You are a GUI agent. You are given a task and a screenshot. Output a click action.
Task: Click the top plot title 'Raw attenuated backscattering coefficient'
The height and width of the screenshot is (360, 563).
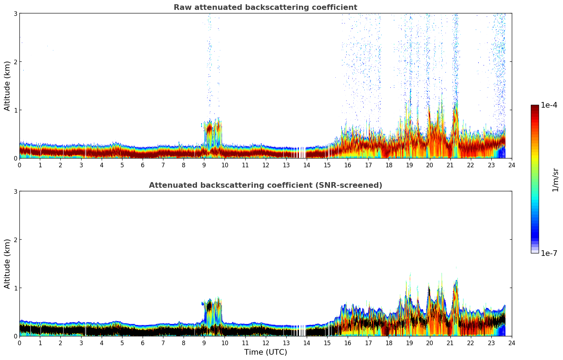265,7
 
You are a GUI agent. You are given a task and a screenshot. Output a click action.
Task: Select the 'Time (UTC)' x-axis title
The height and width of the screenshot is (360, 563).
265,352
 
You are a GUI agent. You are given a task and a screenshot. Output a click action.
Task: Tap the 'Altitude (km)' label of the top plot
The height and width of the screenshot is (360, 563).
7,86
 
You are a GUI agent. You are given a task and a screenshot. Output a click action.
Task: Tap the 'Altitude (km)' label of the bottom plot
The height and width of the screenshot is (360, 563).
7,264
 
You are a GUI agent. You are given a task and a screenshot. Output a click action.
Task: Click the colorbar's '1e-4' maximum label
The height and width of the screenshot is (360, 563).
549,105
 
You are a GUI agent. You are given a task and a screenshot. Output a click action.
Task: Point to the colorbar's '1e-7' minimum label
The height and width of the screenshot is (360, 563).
549,253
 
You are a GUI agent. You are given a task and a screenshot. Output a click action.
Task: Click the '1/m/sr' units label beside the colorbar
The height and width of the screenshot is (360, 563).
555,180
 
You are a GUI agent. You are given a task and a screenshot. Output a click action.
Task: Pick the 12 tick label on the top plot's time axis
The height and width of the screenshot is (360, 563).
265,165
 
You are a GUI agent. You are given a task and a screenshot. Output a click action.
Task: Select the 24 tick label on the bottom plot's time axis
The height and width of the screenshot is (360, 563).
512,343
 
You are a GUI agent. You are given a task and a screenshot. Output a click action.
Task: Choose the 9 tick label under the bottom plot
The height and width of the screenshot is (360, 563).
204,343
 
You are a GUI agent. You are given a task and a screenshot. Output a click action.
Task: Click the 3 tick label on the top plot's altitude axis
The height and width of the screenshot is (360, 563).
15,13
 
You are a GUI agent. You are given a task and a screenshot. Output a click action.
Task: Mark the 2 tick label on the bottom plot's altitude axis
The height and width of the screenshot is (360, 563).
15,240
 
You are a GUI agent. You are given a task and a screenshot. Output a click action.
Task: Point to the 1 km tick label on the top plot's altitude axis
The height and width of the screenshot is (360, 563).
15,110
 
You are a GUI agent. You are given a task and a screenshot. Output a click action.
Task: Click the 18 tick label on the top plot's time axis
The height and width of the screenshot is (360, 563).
389,165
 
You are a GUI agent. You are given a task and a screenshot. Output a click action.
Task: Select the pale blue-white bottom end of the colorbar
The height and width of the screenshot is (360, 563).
535,251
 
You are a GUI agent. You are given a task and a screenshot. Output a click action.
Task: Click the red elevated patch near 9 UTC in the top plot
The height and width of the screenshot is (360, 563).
209,129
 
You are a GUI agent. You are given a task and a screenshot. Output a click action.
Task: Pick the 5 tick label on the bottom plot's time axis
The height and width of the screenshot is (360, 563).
122,343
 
